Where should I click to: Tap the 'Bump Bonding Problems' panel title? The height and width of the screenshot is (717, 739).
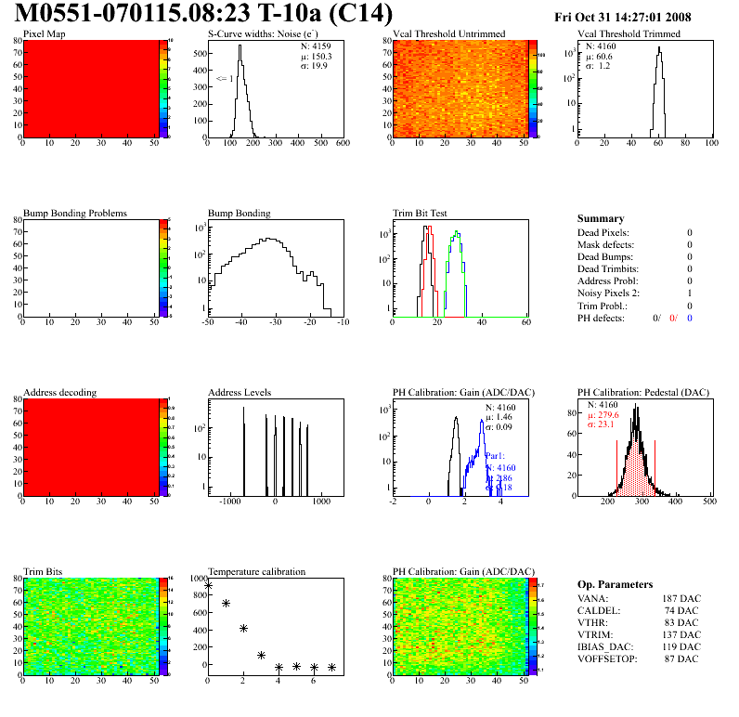[74, 213]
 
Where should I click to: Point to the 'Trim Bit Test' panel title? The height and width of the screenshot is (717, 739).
[421, 213]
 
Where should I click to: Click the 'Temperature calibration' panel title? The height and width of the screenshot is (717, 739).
[256, 571]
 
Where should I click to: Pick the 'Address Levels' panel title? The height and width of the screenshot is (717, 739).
[240, 392]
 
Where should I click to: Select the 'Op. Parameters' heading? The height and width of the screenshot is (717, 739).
[613, 584]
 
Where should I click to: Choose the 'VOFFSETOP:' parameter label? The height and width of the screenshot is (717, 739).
[609, 658]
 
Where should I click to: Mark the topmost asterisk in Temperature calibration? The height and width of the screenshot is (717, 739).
[208, 585]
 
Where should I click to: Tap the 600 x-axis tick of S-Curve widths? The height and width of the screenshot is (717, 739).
[342, 145]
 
